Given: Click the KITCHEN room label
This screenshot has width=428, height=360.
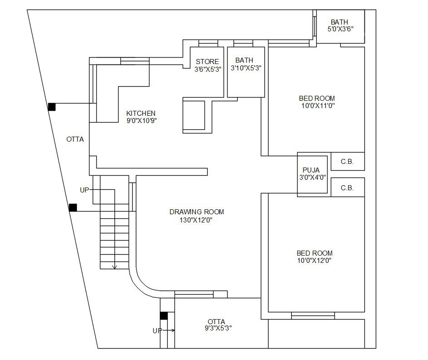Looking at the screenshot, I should (x=141, y=113).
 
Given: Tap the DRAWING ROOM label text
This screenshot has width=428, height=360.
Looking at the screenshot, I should (x=196, y=212).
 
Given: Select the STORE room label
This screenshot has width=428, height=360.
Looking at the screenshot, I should (x=207, y=61).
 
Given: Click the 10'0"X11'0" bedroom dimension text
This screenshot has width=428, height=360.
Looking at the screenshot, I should (x=317, y=105).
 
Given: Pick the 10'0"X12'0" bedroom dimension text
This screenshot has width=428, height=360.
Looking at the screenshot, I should (x=314, y=260).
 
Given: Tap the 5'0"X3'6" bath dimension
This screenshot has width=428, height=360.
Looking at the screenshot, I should (x=340, y=29).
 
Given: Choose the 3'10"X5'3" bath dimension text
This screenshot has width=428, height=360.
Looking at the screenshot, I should (x=246, y=68).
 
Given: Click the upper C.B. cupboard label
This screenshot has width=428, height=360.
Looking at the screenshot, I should (x=347, y=161).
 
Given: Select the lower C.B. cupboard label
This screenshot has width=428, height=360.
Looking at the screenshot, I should (x=347, y=187).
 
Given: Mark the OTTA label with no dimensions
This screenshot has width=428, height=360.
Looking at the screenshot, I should (x=75, y=139).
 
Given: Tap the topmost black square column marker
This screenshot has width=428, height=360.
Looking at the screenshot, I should (x=52, y=107).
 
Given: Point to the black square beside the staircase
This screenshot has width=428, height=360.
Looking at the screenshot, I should (x=73, y=207).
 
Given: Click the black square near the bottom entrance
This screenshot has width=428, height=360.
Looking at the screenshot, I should (x=164, y=316).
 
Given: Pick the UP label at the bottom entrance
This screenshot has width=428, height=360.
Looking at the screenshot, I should (x=157, y=330).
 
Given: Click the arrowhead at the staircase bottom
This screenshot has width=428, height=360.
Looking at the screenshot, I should (x=114, y=267).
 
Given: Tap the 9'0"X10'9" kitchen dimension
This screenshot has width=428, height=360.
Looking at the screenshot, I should (x=142, y=120).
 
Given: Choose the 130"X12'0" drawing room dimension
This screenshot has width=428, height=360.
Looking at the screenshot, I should (x=196, y=220).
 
